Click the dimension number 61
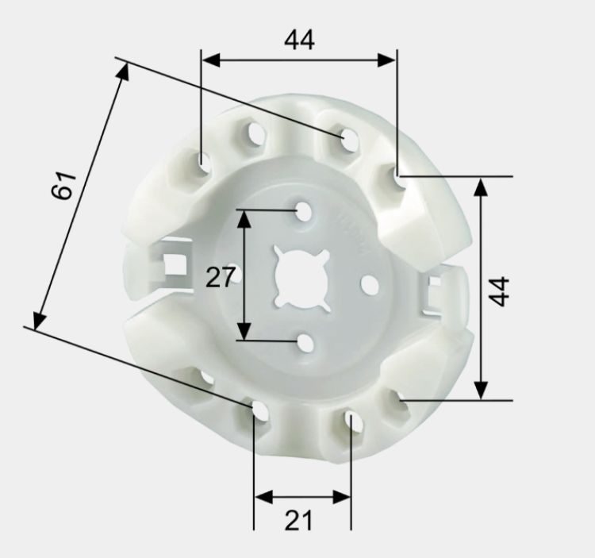(63, 186)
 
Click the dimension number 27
(218, 277)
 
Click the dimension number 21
(298, 520)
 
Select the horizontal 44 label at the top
(299, 40)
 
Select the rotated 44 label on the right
(498, 291)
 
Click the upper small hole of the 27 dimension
(304, 211)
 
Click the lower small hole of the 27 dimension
(305, 343)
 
